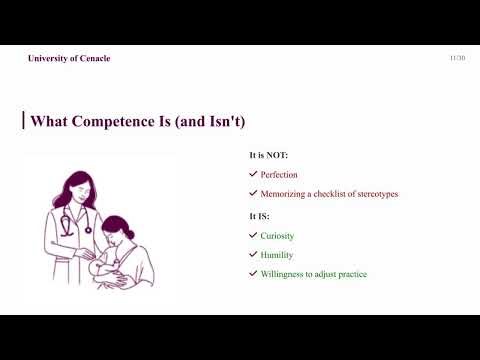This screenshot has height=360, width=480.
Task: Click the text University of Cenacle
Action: (x=69, y=58)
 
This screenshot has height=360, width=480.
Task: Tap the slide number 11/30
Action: (x=457, y=58)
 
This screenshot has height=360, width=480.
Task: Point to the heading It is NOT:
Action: (x=267, y=156)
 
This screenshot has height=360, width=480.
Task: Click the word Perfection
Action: (x=279, y=175)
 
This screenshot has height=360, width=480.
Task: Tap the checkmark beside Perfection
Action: (x=253, y=175)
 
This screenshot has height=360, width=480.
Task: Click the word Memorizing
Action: (x=285, y=193)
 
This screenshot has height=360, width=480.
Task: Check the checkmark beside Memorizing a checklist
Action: (x=253, y=193)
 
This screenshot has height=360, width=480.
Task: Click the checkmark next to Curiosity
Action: (x=253, y=236)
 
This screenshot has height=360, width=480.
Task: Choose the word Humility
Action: (x=278, y=255)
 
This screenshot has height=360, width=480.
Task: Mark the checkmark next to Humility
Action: (x=253, y=255)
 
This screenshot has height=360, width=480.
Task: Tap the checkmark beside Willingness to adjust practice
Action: (x=253, y=273)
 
